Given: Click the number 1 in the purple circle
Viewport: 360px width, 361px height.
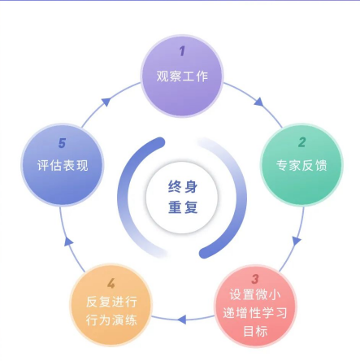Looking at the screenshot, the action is (182, 51).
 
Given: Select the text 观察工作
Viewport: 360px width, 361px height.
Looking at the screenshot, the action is (182, 76).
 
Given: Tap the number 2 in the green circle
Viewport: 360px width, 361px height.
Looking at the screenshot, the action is (302, 142).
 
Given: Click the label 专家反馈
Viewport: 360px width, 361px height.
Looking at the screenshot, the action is (301, 165).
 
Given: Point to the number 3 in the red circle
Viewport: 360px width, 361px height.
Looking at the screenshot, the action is (255, 279).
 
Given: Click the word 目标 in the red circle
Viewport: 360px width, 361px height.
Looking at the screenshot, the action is (255, 331).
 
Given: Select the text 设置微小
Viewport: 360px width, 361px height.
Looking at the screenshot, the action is (255, 295).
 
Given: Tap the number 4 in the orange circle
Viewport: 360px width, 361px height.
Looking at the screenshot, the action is (111, 284).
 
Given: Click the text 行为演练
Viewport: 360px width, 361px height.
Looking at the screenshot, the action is (111, 320).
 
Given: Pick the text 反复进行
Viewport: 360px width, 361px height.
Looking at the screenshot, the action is (111, 302).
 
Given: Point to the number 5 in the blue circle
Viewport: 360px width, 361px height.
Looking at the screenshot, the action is (62, 143).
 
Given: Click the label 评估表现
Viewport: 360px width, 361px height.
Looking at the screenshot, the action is (63, 165).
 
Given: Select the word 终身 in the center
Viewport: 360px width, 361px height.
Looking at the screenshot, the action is (183, 187).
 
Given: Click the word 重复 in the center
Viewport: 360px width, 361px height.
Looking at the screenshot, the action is (183, 207).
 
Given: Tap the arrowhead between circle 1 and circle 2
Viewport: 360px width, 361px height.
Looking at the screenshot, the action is (259, 102).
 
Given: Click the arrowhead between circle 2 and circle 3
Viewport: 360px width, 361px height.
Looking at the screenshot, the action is (297, 241).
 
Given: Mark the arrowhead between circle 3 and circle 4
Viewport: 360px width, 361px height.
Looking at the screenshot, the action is (182, 320).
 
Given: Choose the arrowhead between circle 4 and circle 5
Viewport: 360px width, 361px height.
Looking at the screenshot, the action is (68, 241).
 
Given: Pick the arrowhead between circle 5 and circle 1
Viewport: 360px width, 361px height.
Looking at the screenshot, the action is (106, 102).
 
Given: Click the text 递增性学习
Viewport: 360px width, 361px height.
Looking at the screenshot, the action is (255, 313).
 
